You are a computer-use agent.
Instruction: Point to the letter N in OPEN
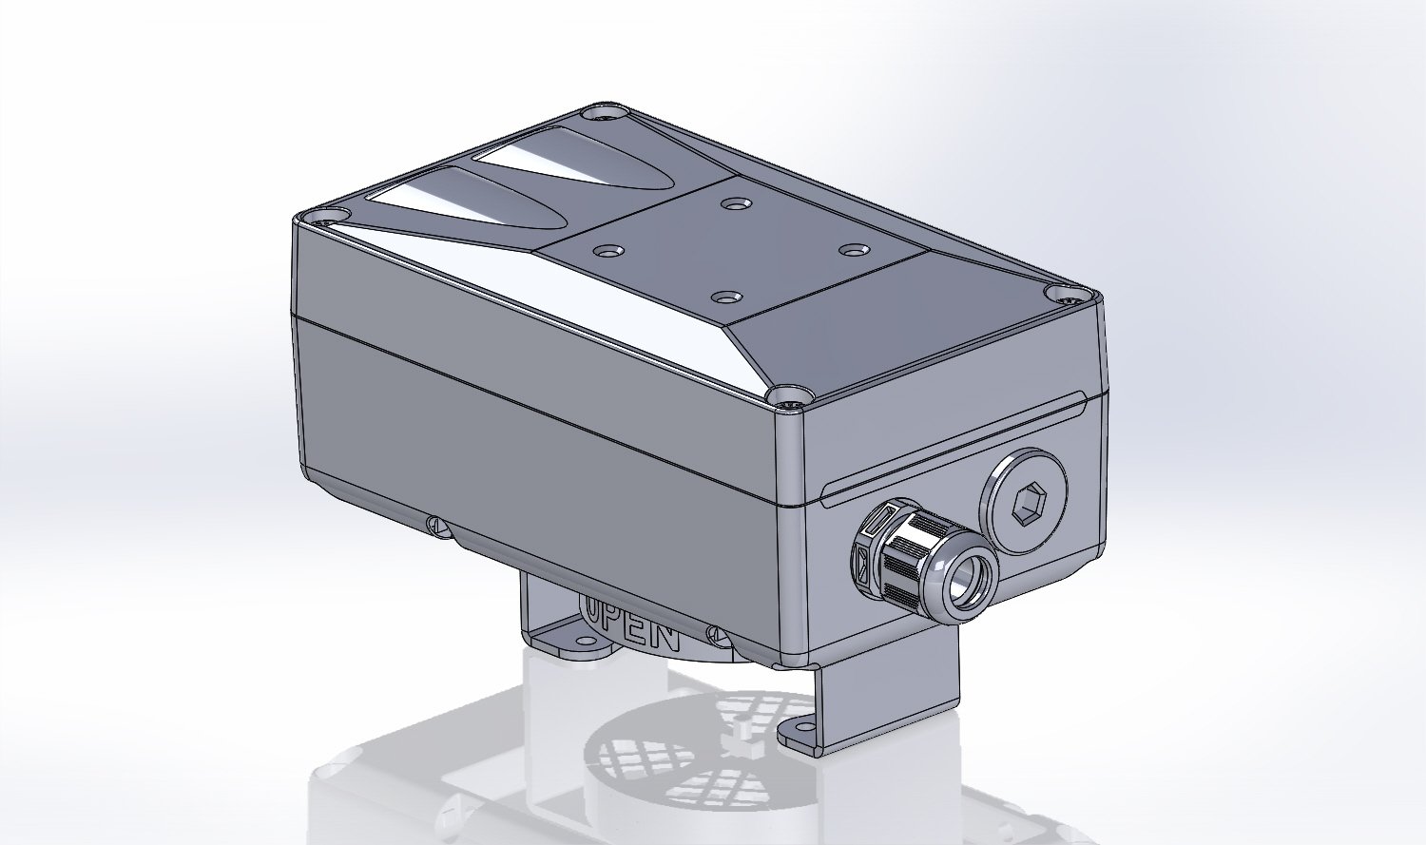click(x=663, y=638)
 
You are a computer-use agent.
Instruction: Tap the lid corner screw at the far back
click(x=605, y=114)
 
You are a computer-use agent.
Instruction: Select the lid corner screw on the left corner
click(x=328, y=217)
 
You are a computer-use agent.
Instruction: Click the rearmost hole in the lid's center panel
click(x=733, y=203)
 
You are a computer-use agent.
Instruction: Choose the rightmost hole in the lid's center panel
click(x=855, y=249)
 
